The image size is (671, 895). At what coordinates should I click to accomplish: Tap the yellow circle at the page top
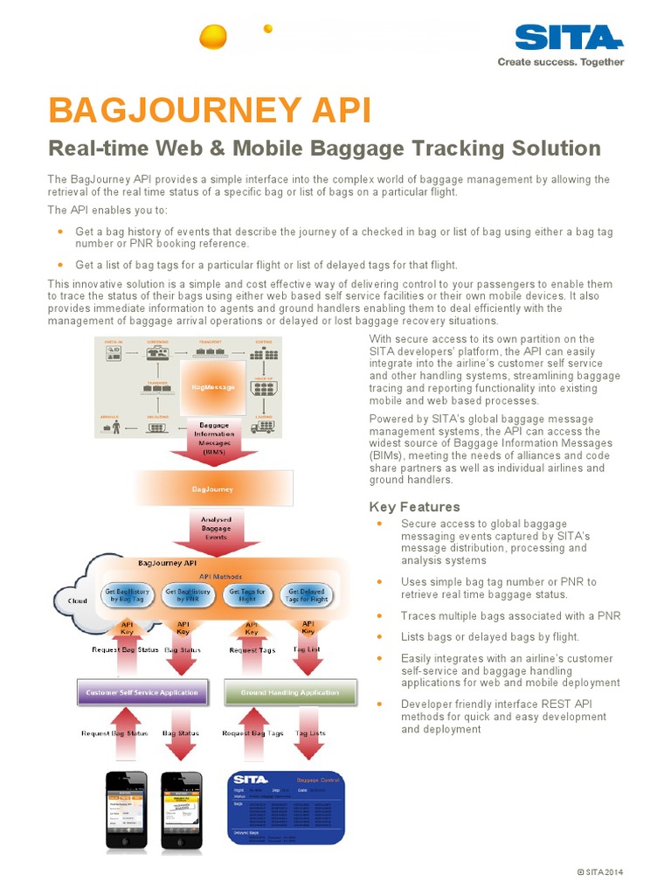212,37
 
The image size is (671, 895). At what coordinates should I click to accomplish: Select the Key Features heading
414,507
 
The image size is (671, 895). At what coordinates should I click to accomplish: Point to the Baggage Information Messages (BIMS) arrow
214,438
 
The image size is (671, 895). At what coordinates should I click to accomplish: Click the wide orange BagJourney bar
213,489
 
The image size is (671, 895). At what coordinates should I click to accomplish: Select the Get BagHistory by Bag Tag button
128,594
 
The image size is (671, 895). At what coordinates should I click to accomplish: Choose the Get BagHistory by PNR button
184,594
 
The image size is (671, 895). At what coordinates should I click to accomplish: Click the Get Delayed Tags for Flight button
308,594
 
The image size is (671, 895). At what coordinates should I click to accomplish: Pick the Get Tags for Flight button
248,594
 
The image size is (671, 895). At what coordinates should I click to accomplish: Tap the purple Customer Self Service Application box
142,692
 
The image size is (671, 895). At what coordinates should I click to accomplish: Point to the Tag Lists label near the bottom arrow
310,733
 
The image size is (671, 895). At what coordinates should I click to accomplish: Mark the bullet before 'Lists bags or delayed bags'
379,636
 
